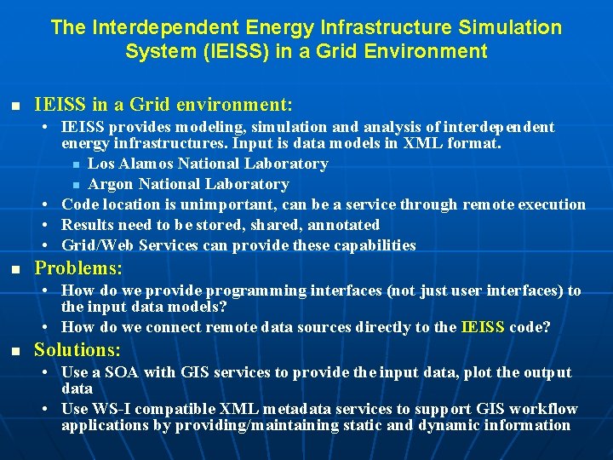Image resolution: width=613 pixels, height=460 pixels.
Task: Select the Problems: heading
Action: (x=78, y=268)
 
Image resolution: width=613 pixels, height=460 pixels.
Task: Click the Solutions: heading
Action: (x=77, y=350)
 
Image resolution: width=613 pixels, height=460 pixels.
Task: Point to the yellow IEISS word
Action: (x=483, y=327)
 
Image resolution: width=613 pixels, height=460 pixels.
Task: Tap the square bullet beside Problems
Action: (x=14, y=270)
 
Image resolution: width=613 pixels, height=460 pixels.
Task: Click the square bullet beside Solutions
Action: (x=14, y=352)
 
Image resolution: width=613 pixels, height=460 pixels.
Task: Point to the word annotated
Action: (x=338, y=225)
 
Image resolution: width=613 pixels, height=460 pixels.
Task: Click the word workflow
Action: (x=545, y=409)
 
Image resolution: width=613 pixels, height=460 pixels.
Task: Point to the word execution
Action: (x=551, y=204)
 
